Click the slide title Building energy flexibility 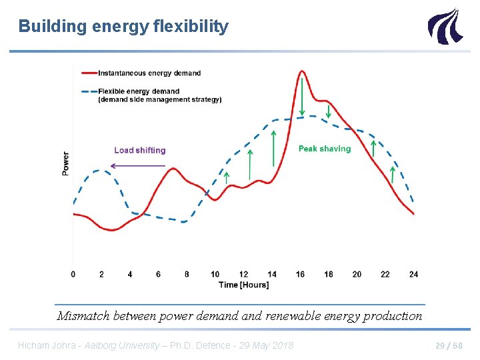point(123,27)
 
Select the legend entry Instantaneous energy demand point(149,73)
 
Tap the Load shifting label point(139,151)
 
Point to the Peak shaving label point(325,149)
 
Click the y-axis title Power point(65,163)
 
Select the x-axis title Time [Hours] point(244,285)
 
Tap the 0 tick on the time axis point(73,274)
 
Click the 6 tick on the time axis point(159,274)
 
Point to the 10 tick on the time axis point(215,274)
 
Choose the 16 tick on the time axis point(300,274)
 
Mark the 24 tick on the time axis point(413,274)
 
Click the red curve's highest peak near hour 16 point(302,71)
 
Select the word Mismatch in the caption point(83,316)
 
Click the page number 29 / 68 point(449,345)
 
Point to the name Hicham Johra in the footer point(45,345)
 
